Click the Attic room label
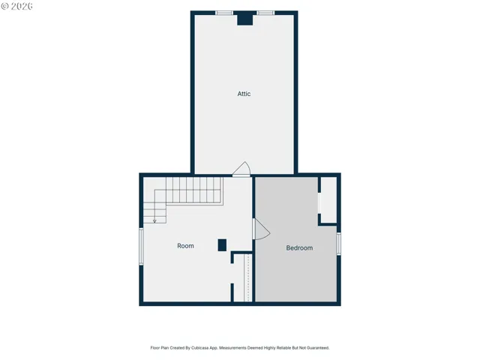[244, 94]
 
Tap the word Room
[185, 246]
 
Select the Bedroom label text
[299, 248]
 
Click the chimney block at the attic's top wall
[245, 18]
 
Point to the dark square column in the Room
[222, 245]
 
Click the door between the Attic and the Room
[241, 169]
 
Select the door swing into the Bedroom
[261, 229]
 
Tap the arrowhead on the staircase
[154, 221]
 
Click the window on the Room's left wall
[141, 247]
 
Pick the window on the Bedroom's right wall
[338, 244]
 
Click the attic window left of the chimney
[224, 13]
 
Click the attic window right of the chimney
[265, 13]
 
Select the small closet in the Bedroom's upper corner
[328, 199]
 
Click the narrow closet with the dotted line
[243, 277]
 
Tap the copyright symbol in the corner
[4, 6]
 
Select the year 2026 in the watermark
[22, 6]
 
